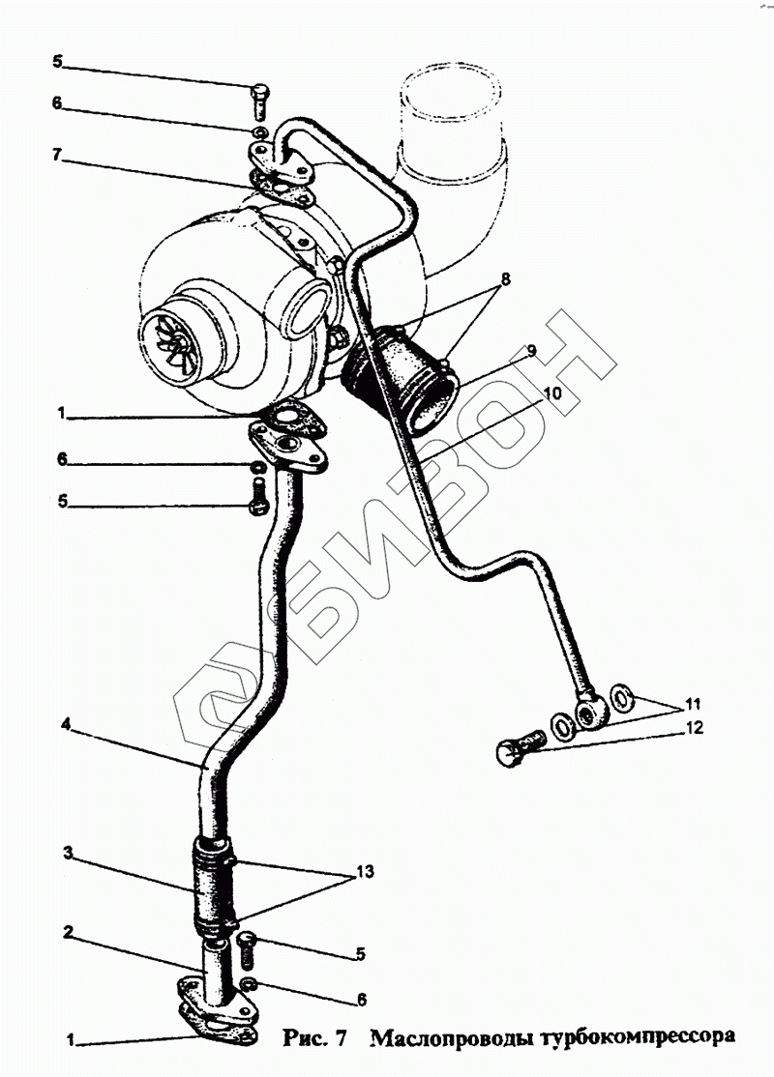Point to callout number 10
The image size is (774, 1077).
click(550, 393)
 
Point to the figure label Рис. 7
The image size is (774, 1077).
click(315, 1037)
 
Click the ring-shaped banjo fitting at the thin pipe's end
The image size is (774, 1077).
click(591, 713)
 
